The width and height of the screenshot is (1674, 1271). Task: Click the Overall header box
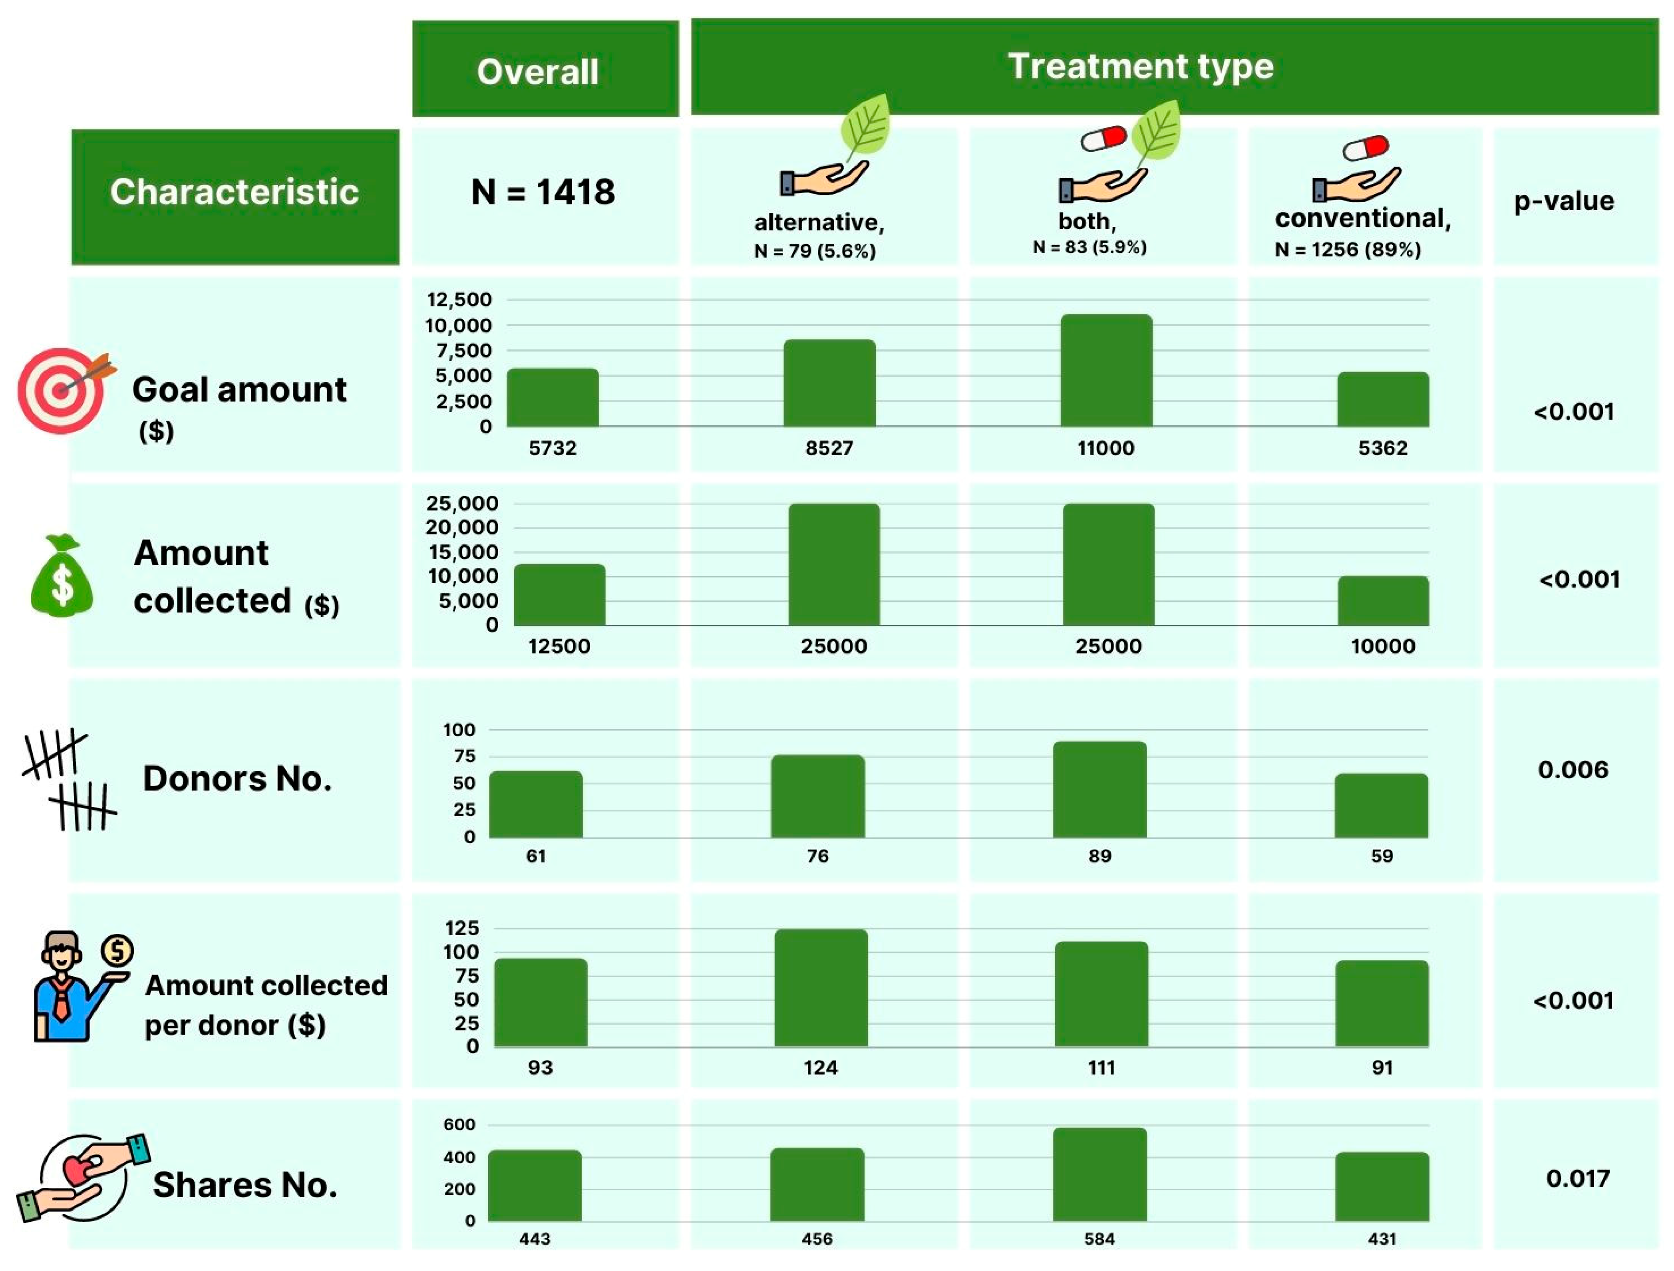coord(545,70)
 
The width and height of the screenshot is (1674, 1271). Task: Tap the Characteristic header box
coord(235,197)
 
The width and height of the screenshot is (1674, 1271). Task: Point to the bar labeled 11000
coord(1105,371)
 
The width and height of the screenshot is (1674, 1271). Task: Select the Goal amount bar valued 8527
coord(829,383)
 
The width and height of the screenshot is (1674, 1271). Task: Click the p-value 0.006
coord(1573,770)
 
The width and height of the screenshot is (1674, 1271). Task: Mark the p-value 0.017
coord(1577,1179)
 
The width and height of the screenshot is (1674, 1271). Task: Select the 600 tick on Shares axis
coord(459,1125)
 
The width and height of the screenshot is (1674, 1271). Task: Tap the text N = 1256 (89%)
coord(1348,250)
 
